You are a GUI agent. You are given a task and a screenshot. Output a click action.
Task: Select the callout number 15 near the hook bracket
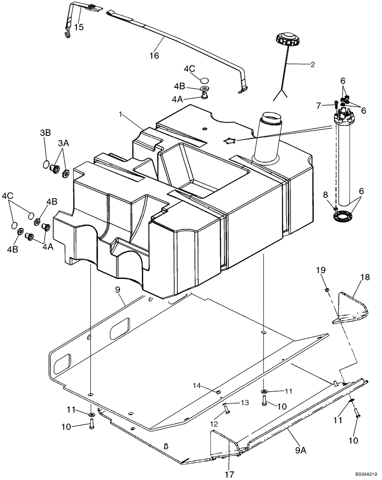78,27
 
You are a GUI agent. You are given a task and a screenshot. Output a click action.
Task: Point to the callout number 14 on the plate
197,385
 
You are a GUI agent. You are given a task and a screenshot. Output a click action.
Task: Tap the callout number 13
245,402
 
